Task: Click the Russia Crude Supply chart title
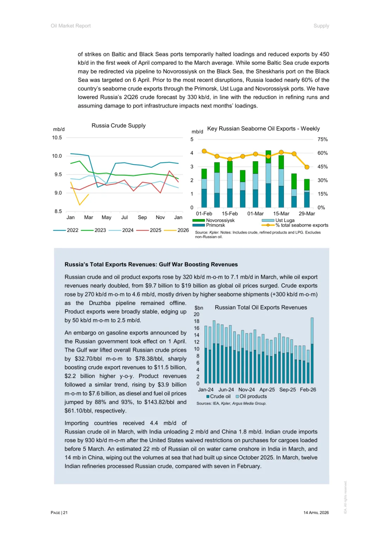click(x=119, y=126)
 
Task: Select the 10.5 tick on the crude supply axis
click(x=57, y=138)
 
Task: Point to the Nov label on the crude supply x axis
click(x=160, y=217)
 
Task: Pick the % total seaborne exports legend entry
click(x=295, y=225)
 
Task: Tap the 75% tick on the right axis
click(x=322, y=140)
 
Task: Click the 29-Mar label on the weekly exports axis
click(x=307, y=214)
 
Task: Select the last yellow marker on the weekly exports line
click(x=307, y=167)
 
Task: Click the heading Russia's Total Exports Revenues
click(x=151, y=265)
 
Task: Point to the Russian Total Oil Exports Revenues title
click(x=261, y=308)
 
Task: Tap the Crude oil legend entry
click(x=218, y=397)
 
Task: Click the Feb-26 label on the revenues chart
click(x=308, y=390)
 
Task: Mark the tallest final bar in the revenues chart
click(x=312, y=349)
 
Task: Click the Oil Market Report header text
click(x=71, y=26)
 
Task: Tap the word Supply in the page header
click(x=321, y=26)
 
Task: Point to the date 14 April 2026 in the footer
click(x=316, y=513)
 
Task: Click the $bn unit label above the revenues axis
click(x=199, y=308)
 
